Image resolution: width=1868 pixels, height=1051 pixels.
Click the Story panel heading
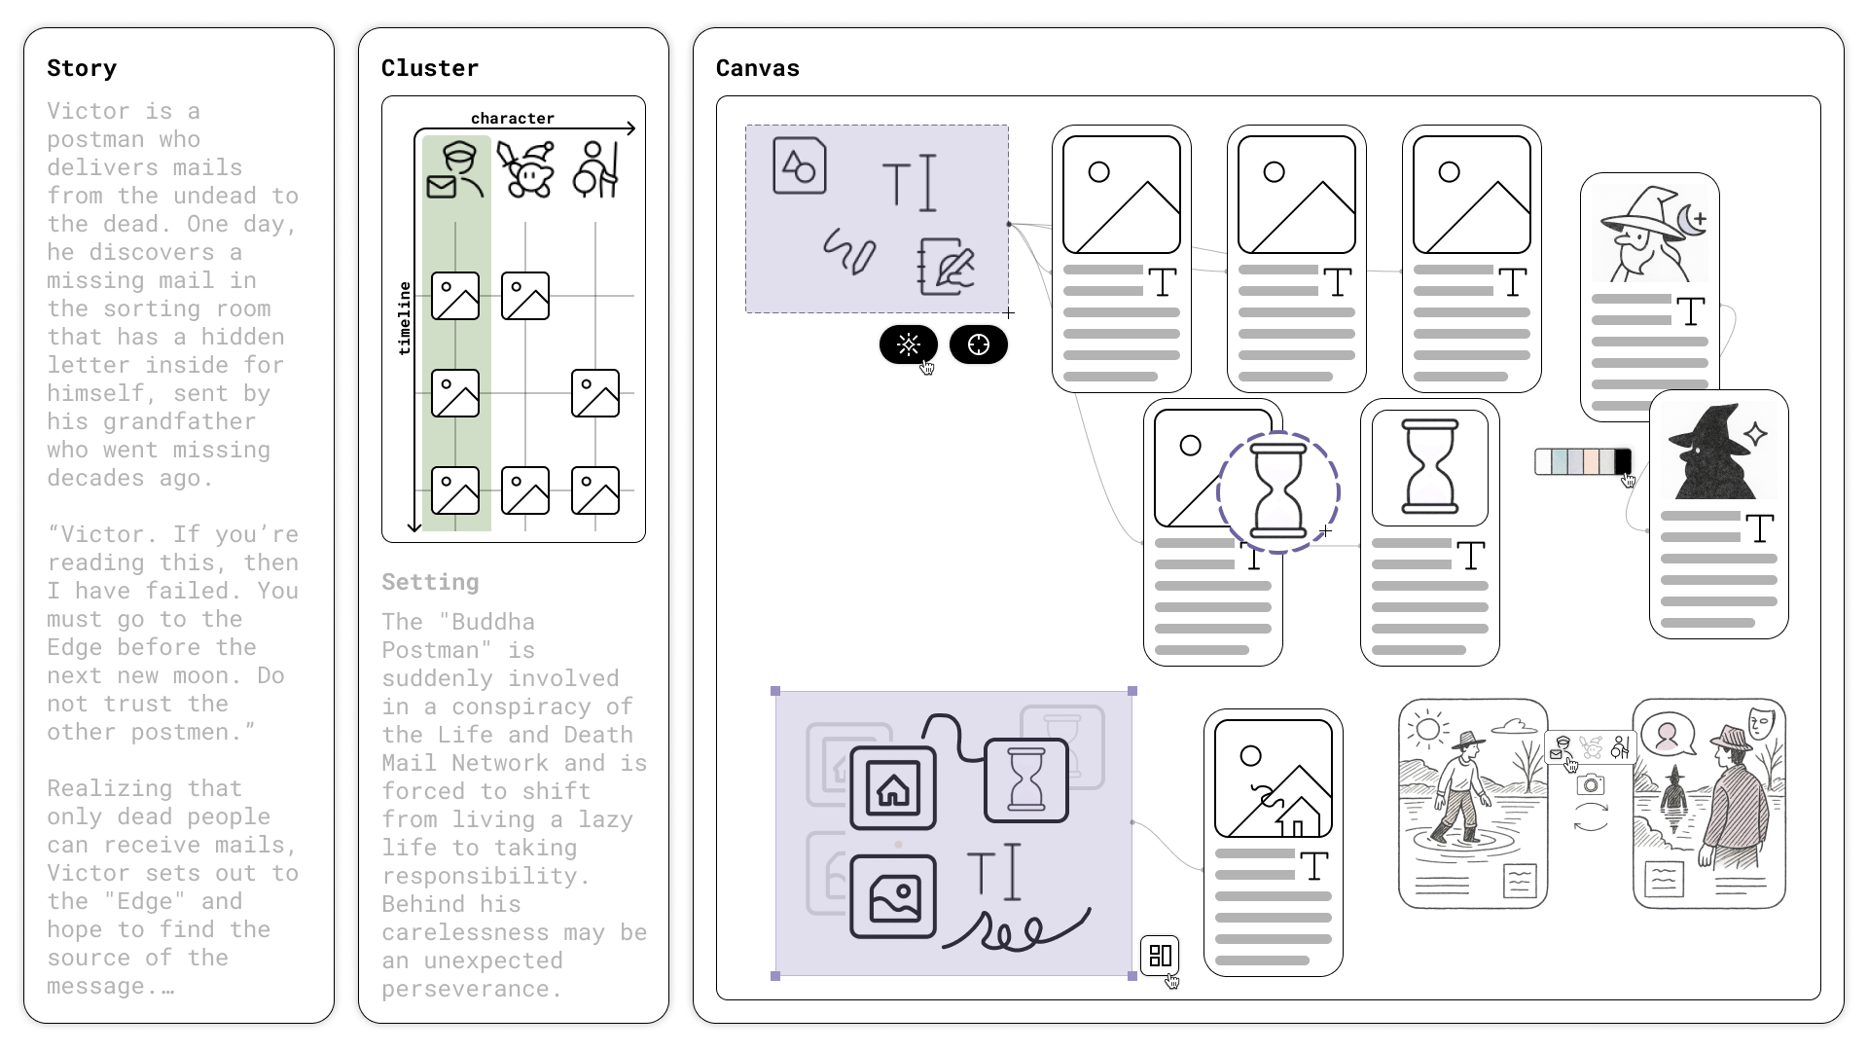tap(82, 68)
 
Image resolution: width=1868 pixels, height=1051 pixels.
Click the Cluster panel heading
tap(429, 68)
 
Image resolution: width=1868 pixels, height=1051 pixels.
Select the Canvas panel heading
tap(757, 68)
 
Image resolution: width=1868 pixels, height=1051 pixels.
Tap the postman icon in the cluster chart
tap(455, 170)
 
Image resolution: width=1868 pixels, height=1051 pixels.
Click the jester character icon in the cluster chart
tap(525, 170)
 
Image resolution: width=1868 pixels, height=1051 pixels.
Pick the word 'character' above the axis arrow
tap(512, 119)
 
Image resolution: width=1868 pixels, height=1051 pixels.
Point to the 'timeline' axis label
tap(405, 318)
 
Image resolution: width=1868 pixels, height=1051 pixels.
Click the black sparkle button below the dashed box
tap(908, 344)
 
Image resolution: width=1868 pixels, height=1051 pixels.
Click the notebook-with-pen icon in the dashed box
tap(946, 266)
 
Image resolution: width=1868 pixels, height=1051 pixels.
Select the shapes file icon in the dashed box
tap(799, 165)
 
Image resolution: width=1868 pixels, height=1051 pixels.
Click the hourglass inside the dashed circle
tap(1277, 491)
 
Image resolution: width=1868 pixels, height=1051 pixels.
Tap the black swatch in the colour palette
tap(1622, 461)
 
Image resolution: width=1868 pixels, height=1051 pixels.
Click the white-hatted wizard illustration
tap(1649, 234)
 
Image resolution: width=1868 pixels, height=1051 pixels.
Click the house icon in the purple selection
tap(892, 788)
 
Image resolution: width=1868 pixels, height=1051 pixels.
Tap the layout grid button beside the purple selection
tap(1160, 955)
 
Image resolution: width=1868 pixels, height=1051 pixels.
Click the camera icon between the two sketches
tap(1591, 784)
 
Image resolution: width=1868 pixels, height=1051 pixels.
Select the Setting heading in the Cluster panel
tap(429, 582)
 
